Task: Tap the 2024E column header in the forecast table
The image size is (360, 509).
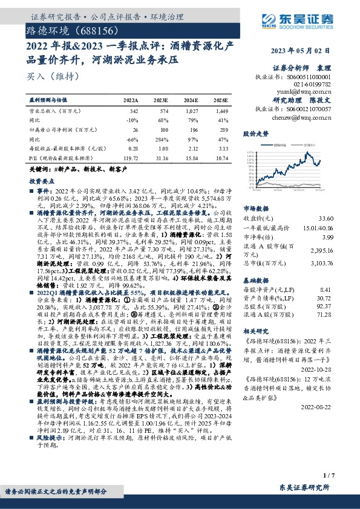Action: pos(191,100)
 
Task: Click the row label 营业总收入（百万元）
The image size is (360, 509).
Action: pos(55,111)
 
